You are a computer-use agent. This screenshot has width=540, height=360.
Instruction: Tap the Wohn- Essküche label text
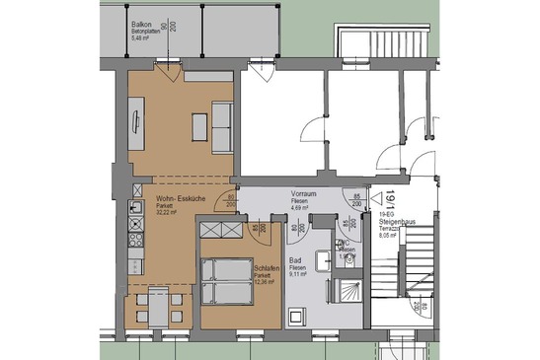181,199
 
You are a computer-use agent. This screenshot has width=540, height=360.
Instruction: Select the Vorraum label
303,194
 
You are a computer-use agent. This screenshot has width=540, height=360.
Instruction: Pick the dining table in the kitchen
158,309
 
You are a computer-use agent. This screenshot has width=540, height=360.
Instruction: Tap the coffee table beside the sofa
199,126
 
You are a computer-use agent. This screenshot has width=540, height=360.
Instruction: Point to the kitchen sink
134,209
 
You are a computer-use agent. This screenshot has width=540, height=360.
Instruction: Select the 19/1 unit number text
391,201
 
